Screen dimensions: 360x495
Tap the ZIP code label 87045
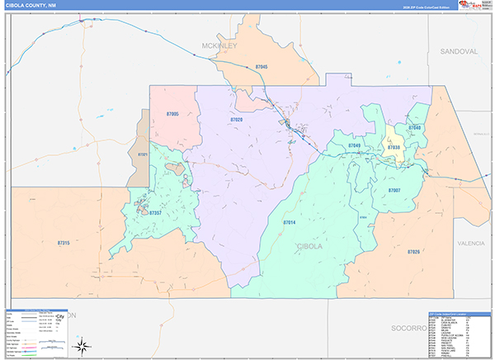[x=262, y=66]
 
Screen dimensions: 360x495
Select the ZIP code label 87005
[x=172, y=112]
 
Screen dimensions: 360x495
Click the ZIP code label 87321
[x=142, y=154]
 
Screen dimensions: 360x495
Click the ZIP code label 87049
[x=354, y=145]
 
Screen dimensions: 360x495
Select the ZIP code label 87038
[x=394, y=147]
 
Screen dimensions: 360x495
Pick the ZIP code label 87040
[x=415, y=128]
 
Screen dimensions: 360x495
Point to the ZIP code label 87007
[x=394, y=190]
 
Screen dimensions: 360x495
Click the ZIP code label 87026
[x=413, y=251]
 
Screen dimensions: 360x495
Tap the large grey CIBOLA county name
[x=310, y=246]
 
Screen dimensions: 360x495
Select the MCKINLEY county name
[x=219, y=46]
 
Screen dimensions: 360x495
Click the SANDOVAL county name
[x=459, y=51]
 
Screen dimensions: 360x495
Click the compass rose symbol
[x=84, y=346]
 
